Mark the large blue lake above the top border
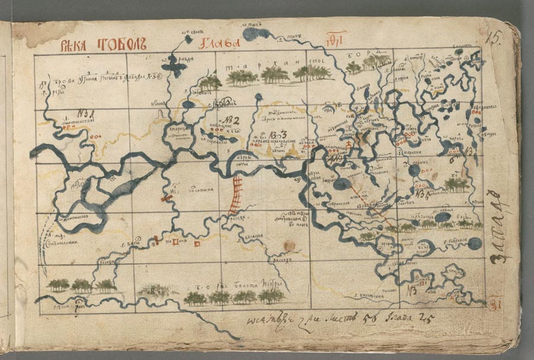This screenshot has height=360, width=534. pyautogui.click(x=256, y=34)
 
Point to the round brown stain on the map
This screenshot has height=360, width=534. pyautogui.click(x=288, y=245)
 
